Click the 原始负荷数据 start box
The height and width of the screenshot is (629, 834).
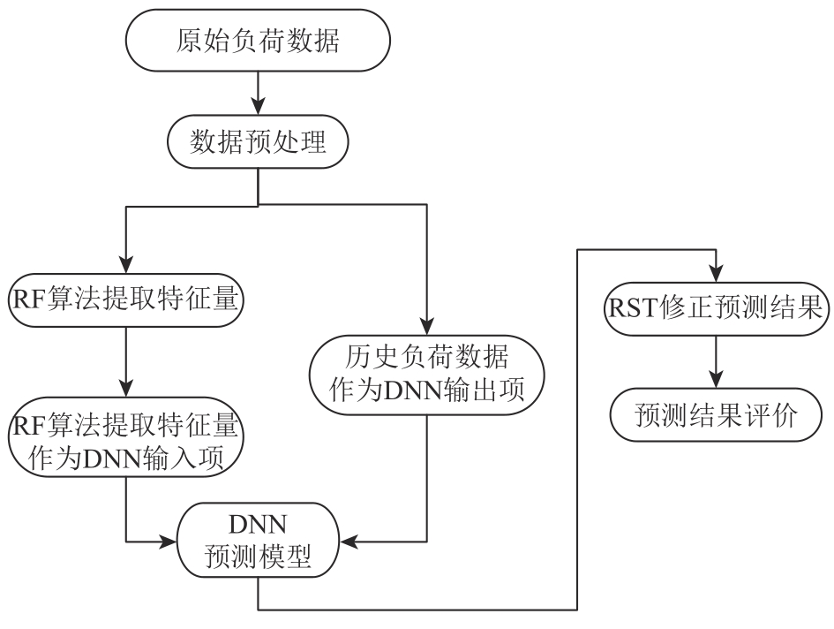(x=257, y=42)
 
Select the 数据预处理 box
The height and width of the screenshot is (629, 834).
(x=257, y=142)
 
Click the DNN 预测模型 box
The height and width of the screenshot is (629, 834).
(x=257, y=541)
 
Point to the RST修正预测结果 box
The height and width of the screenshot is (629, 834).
(x=715, y=309)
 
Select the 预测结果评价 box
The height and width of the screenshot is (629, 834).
(x=715, y=413)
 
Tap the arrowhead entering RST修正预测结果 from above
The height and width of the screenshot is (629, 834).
(x=715, y=275)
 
